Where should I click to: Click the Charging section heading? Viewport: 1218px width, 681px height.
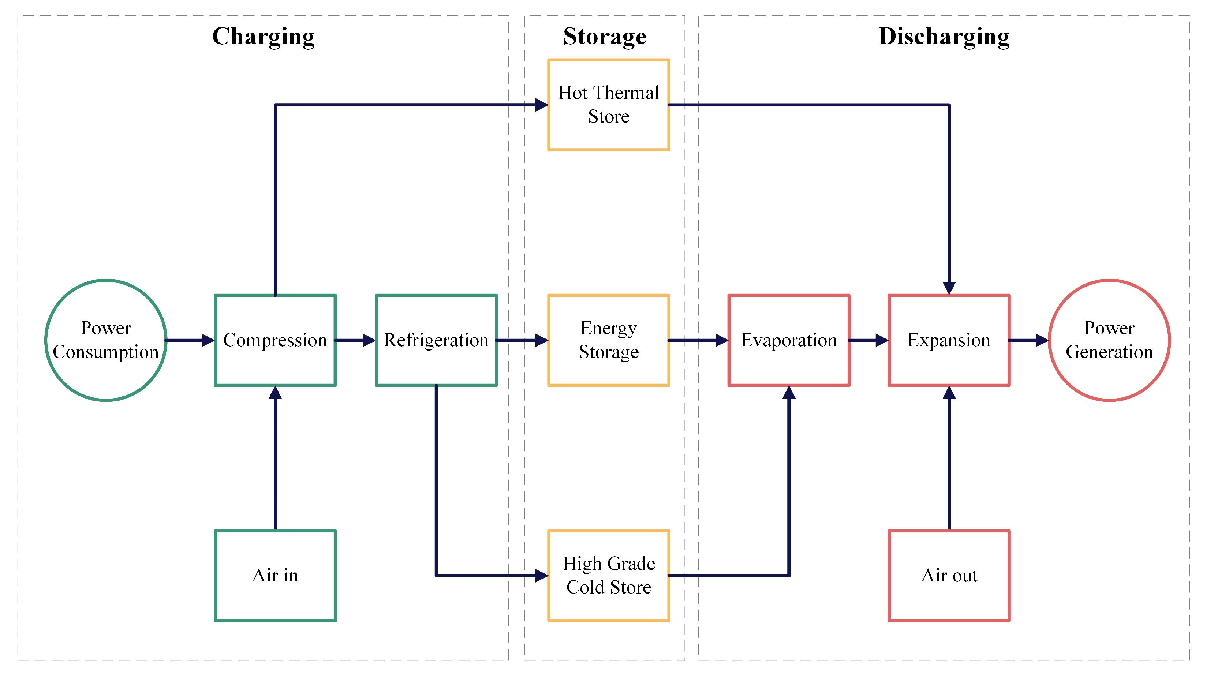[x=264, y=37]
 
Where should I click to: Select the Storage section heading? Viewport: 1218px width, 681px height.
[x=604, y=37]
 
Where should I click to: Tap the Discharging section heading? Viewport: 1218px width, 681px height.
[x=944, y=37]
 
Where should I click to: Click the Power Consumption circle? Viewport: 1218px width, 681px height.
[x=106, y=340]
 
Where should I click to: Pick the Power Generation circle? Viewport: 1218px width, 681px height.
[x=1109, y=340]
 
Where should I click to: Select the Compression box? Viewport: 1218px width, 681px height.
[x=275, y=340]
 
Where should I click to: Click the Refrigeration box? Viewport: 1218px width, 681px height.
[x=436, y=340]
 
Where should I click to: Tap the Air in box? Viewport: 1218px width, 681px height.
[x=275, y=575]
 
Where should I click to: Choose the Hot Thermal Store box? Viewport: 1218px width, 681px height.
[x=609, y=105]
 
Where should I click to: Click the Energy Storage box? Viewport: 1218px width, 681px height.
[x=609, y=340]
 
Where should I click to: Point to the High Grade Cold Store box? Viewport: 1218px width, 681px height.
[x=609, y=575]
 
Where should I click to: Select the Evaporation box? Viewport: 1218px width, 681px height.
[x=789, y=340]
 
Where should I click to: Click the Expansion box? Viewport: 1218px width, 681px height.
[x=949, y=340]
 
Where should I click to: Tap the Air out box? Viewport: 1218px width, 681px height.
[x=949, y=575]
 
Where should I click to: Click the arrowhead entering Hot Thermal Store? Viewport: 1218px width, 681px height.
[x=541, y=105]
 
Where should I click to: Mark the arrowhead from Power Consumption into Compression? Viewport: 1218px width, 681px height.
[x=208, y=340]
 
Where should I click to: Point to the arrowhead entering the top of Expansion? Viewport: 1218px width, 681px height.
[x=949, y=288]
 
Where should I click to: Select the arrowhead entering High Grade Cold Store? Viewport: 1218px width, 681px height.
[x=541, y=576]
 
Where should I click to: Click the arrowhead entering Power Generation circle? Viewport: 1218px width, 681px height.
[x=1042, y=340]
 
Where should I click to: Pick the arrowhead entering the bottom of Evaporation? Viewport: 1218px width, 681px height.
[x=789, y=393]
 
